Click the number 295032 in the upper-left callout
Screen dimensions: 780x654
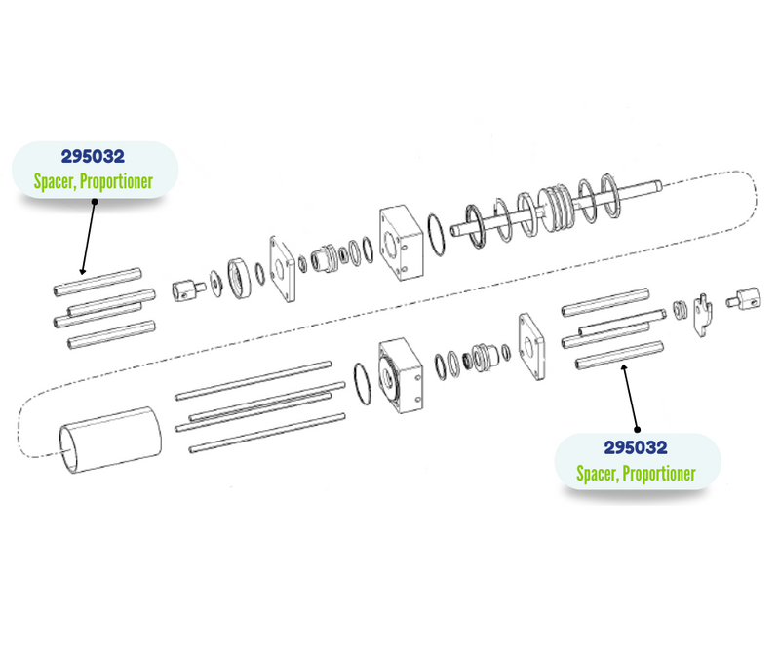point(93,157)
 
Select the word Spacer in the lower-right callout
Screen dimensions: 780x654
point(597,473)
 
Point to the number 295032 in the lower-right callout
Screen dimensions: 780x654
point(636,447)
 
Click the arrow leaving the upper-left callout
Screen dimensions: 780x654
point(89,238)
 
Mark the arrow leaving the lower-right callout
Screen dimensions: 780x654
point(630,397)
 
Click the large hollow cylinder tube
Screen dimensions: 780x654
point(110,440)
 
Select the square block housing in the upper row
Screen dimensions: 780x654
point(402,243)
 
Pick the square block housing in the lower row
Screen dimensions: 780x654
point(401,375)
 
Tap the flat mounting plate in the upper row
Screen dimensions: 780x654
point(283,269)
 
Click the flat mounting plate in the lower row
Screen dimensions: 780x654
point(531,346)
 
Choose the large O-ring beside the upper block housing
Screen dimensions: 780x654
point(437,235)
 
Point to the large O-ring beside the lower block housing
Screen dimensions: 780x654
point(363,383)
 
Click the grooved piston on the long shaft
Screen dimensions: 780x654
point(556,208)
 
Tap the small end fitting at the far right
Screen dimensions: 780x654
point(744,299)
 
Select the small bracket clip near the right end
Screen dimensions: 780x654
point(702,315)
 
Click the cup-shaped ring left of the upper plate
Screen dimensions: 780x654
point(240,278)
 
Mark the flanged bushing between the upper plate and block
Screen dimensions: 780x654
point(324,258)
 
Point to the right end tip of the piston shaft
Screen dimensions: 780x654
point(660,186)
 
